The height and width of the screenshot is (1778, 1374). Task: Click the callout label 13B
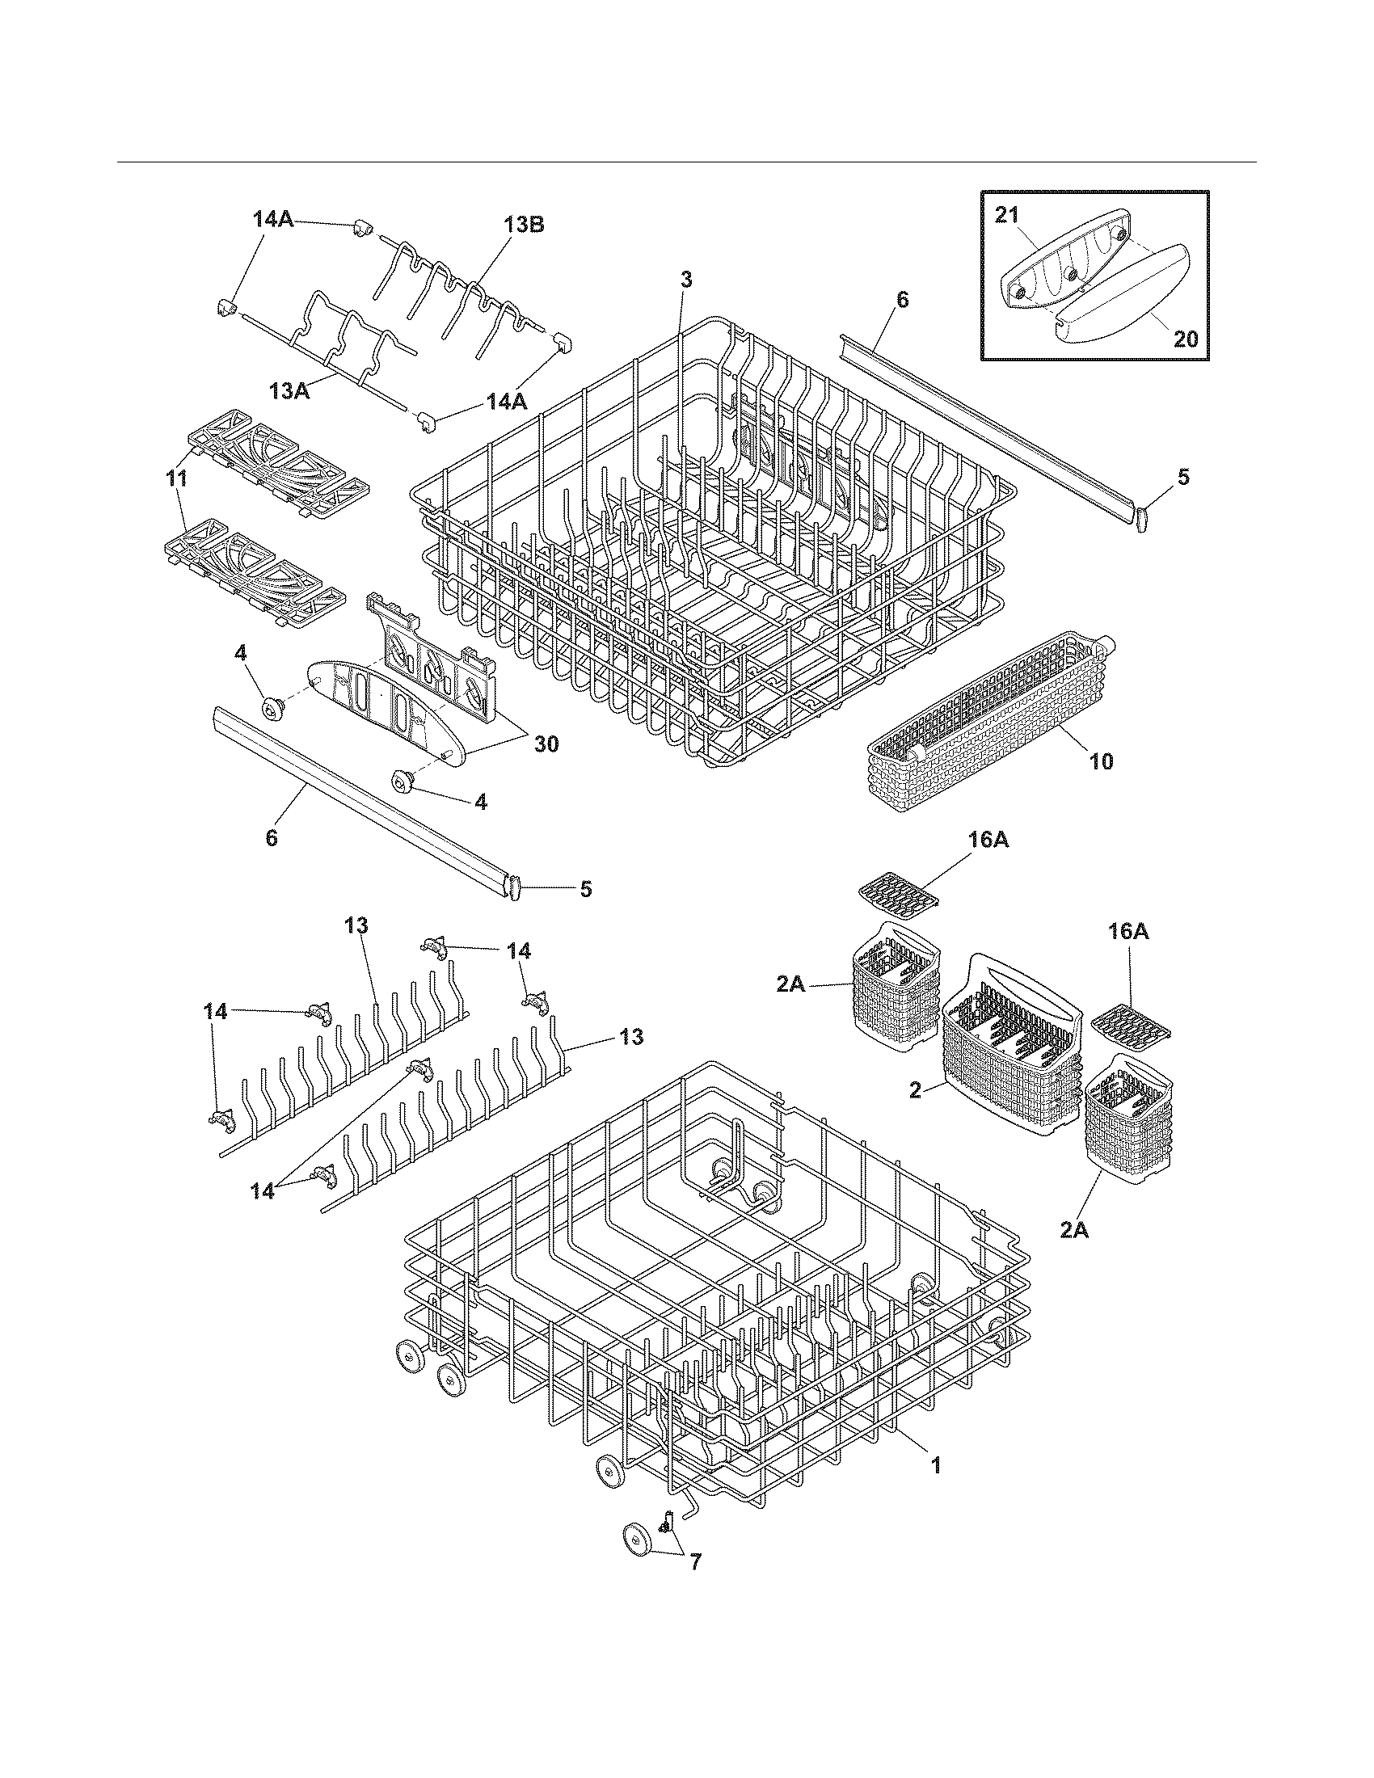pos(523,225)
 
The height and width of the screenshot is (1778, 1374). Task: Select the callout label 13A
pos(290,391)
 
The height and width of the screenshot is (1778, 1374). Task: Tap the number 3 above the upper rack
pos(686,280)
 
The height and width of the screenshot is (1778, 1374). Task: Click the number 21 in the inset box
pos(1006,215)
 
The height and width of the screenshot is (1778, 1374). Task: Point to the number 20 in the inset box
pos(1186,338)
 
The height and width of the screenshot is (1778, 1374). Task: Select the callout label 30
pos(546,744)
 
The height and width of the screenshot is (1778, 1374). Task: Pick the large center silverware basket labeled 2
pos(1009,1050)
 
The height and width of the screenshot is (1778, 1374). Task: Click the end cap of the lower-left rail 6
pos(513,887)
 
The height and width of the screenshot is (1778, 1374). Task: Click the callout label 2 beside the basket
pos(915,1091)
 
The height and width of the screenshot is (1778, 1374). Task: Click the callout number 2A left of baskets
pos(790,984)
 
